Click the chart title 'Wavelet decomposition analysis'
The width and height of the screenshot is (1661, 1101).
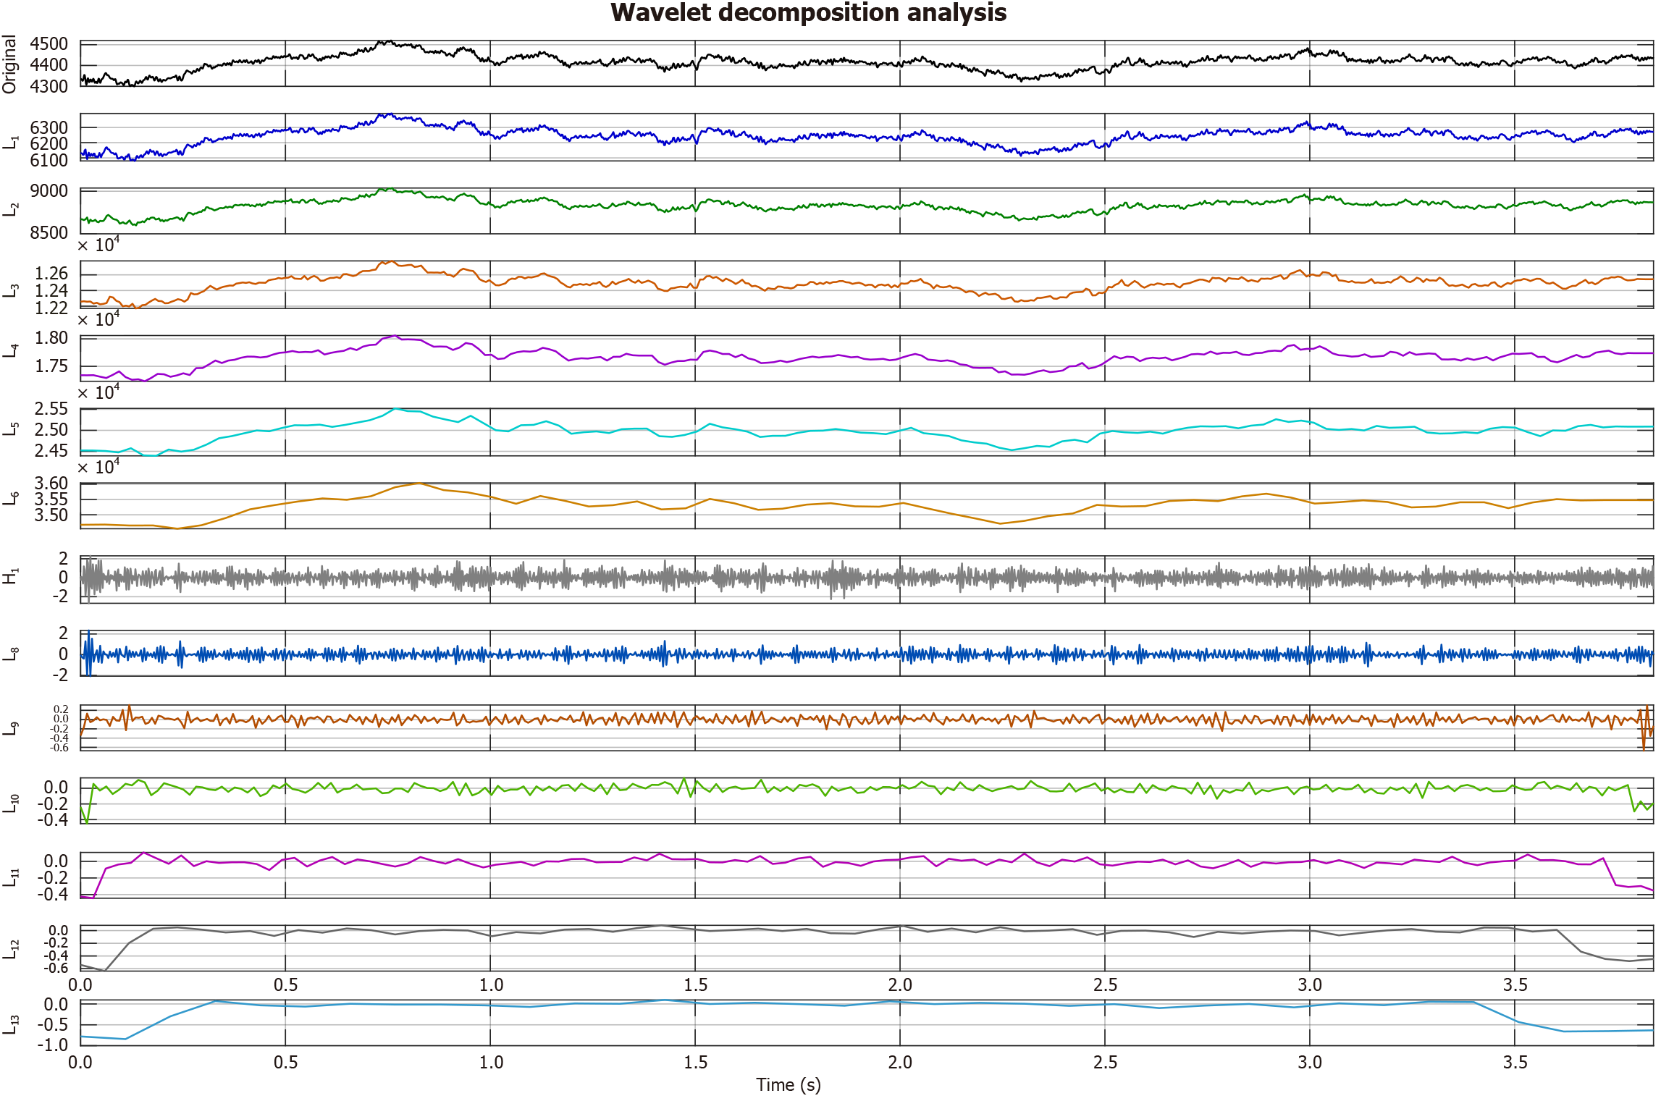pyautogui.click(x=808, y=13)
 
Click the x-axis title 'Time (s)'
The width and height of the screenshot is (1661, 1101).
pyautogui.click(x=788, y=1084)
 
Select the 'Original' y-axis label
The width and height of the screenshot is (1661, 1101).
pyautogui.click(x=9, y=64)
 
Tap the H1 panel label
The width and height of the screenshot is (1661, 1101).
pyautogui.click(x=9, y=577)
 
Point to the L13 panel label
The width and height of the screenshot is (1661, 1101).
pyautogui.click(x=11, y=1024)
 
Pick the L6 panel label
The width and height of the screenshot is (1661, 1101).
pyautogui.click(x=11, y=499)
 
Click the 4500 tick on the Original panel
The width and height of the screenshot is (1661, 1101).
pyautogui.click(x=49, y=44)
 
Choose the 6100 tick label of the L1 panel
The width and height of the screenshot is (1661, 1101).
pyautogui.click(x=49, y=160)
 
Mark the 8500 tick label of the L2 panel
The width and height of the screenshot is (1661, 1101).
pyautogui.click(x=49, y=232)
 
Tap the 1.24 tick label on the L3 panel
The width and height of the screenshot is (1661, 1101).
pyautogui.click(x=51, y=290)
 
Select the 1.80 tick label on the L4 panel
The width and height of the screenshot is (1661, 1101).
pyautogui.click(x=51, y=337)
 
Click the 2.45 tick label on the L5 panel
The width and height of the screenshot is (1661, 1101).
pyautogui.click(x=51, y=450)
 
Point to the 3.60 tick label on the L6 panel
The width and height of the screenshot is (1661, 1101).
pyautogui.click(x=51, y=483)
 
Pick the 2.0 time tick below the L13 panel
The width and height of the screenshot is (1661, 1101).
pyautogui.click(x=900, y=1062)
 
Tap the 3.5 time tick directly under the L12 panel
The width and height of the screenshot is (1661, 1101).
pyautogui.click(x=1514, y=984)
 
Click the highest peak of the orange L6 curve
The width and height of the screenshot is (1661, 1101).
pyautogui.click(x=419, y=483)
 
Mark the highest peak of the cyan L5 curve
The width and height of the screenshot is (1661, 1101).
pyautogui.click(x=395, y=409)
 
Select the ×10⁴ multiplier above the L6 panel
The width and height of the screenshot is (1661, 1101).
pyautogui.click(x=98, y=467)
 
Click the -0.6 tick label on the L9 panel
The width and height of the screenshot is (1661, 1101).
pyautogui.click(x=59, y=748)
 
